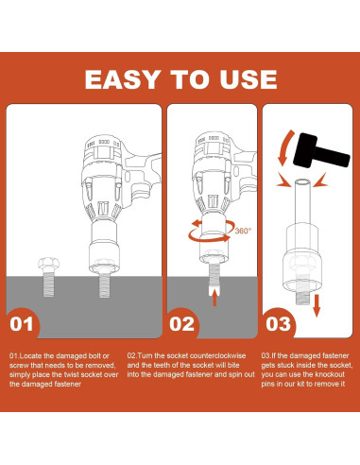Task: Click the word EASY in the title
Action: [x=122, y=79]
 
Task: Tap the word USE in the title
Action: [x=249, y=79]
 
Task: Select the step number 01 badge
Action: [x=22, y=324]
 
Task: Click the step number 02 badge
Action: [x=181, y=324]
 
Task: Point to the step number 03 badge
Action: [x=278, y=324]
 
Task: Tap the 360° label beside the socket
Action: [x=243, y=231]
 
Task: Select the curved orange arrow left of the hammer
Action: [x=284, y=148]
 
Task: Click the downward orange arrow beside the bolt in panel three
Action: [x=317, y=305]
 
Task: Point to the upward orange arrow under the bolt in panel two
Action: [x=214, y=298]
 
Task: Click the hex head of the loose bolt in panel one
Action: [x=48, y=264]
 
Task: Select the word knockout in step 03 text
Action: [x=330, y=374]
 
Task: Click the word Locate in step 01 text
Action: [x=31, y=356]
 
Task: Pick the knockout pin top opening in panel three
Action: [x=303, y=182]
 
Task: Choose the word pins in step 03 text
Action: [x=268, y=384]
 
